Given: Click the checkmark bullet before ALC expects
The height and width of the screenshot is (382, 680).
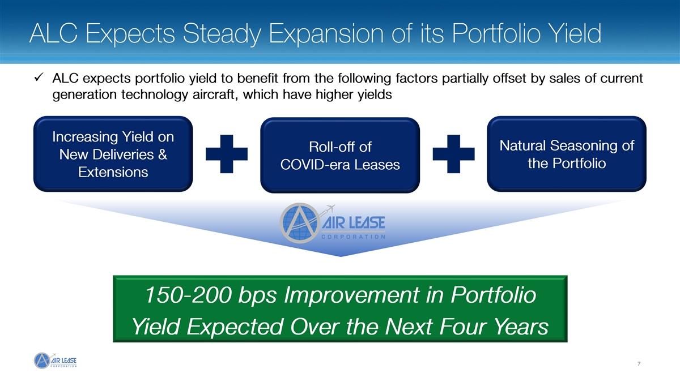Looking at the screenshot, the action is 39,78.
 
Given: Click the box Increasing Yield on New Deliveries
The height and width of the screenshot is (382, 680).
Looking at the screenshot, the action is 113,154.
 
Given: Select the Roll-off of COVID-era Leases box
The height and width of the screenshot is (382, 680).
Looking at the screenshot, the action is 340,155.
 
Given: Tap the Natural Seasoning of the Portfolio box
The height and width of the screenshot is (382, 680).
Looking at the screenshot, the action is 567,154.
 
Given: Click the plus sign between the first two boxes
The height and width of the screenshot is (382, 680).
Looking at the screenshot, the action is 227,154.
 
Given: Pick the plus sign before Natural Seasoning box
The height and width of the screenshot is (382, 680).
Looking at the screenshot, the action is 453,154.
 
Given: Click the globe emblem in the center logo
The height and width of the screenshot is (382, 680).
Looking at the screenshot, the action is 300,223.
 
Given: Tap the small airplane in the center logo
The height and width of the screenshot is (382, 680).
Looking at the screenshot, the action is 330,209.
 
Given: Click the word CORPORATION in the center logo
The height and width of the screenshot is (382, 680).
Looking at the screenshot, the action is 353,237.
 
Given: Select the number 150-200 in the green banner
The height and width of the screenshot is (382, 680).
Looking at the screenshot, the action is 188,295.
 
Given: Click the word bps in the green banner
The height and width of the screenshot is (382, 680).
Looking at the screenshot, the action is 257,295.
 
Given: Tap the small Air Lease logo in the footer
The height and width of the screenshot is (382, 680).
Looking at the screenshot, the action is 55,360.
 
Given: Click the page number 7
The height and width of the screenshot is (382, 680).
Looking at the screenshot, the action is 639,364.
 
